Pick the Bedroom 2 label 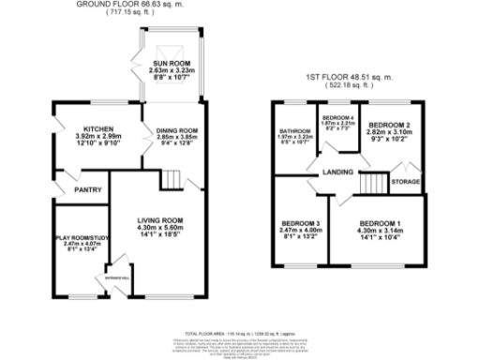(x=384, y=124)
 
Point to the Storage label (x=405, y=181)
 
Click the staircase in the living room (x=170, y=178)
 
